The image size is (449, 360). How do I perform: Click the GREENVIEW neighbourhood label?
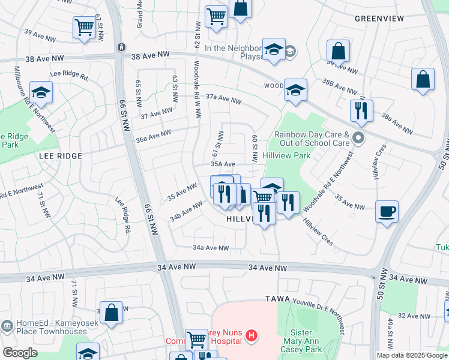click(379, 19)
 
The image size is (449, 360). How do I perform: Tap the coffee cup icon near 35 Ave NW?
click(386, 211)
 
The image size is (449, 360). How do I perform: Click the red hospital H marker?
click(252, 338)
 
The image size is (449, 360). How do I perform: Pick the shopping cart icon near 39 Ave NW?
click(84, 27)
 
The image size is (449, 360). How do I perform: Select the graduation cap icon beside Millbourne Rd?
click(41, 93)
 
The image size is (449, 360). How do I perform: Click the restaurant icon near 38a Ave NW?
click(361, 110)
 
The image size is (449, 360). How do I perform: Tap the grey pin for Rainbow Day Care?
click(358, 139)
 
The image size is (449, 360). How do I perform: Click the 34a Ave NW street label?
click(211, 248)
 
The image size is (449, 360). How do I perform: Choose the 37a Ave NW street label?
click(223, 98)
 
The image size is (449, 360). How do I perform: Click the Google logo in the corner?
click(20, 353)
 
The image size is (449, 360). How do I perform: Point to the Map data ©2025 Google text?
click(412, 355)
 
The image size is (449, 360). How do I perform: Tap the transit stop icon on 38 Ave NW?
click(121, 47)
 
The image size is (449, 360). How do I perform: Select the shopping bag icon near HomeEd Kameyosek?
click(111, 312)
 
